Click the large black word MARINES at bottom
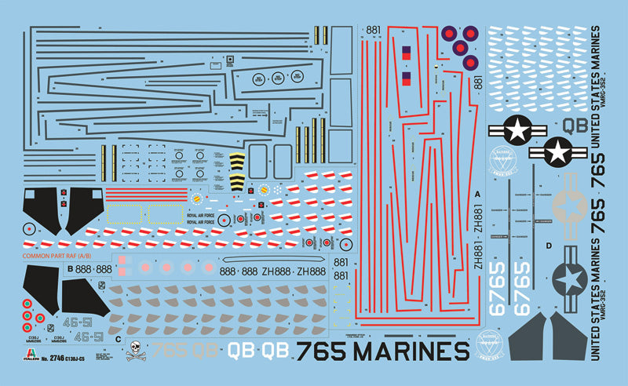407,350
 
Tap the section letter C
118,340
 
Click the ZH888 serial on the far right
312,271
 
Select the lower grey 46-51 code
88,337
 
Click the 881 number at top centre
373,31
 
